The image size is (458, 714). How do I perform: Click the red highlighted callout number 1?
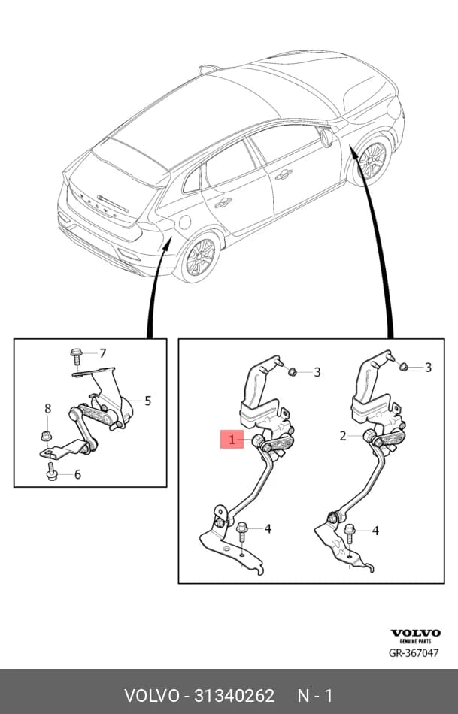(232, 439)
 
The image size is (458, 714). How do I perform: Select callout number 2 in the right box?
(343, 436)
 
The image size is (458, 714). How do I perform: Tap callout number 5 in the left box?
(147, 401)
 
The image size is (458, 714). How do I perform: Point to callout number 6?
(77, 474)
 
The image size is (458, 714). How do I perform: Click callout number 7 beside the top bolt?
(102, 353)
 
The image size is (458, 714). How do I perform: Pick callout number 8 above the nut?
(48, 409)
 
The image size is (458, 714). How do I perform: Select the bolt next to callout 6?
(50, 472)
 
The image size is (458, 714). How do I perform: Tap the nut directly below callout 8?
(46, 435)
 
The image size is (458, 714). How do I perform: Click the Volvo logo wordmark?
(415, 633)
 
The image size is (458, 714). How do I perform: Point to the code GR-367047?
(414, 652)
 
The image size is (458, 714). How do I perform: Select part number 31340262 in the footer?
(235, 696)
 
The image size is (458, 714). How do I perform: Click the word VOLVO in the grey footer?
(152, 696)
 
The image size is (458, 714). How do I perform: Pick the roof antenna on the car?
(208, 69)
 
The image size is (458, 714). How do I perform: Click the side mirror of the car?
(327, 138)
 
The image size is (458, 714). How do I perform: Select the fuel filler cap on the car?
(184, 222)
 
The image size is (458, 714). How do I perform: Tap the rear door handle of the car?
(224, 203)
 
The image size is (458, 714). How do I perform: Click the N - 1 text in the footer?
(315, 696)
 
